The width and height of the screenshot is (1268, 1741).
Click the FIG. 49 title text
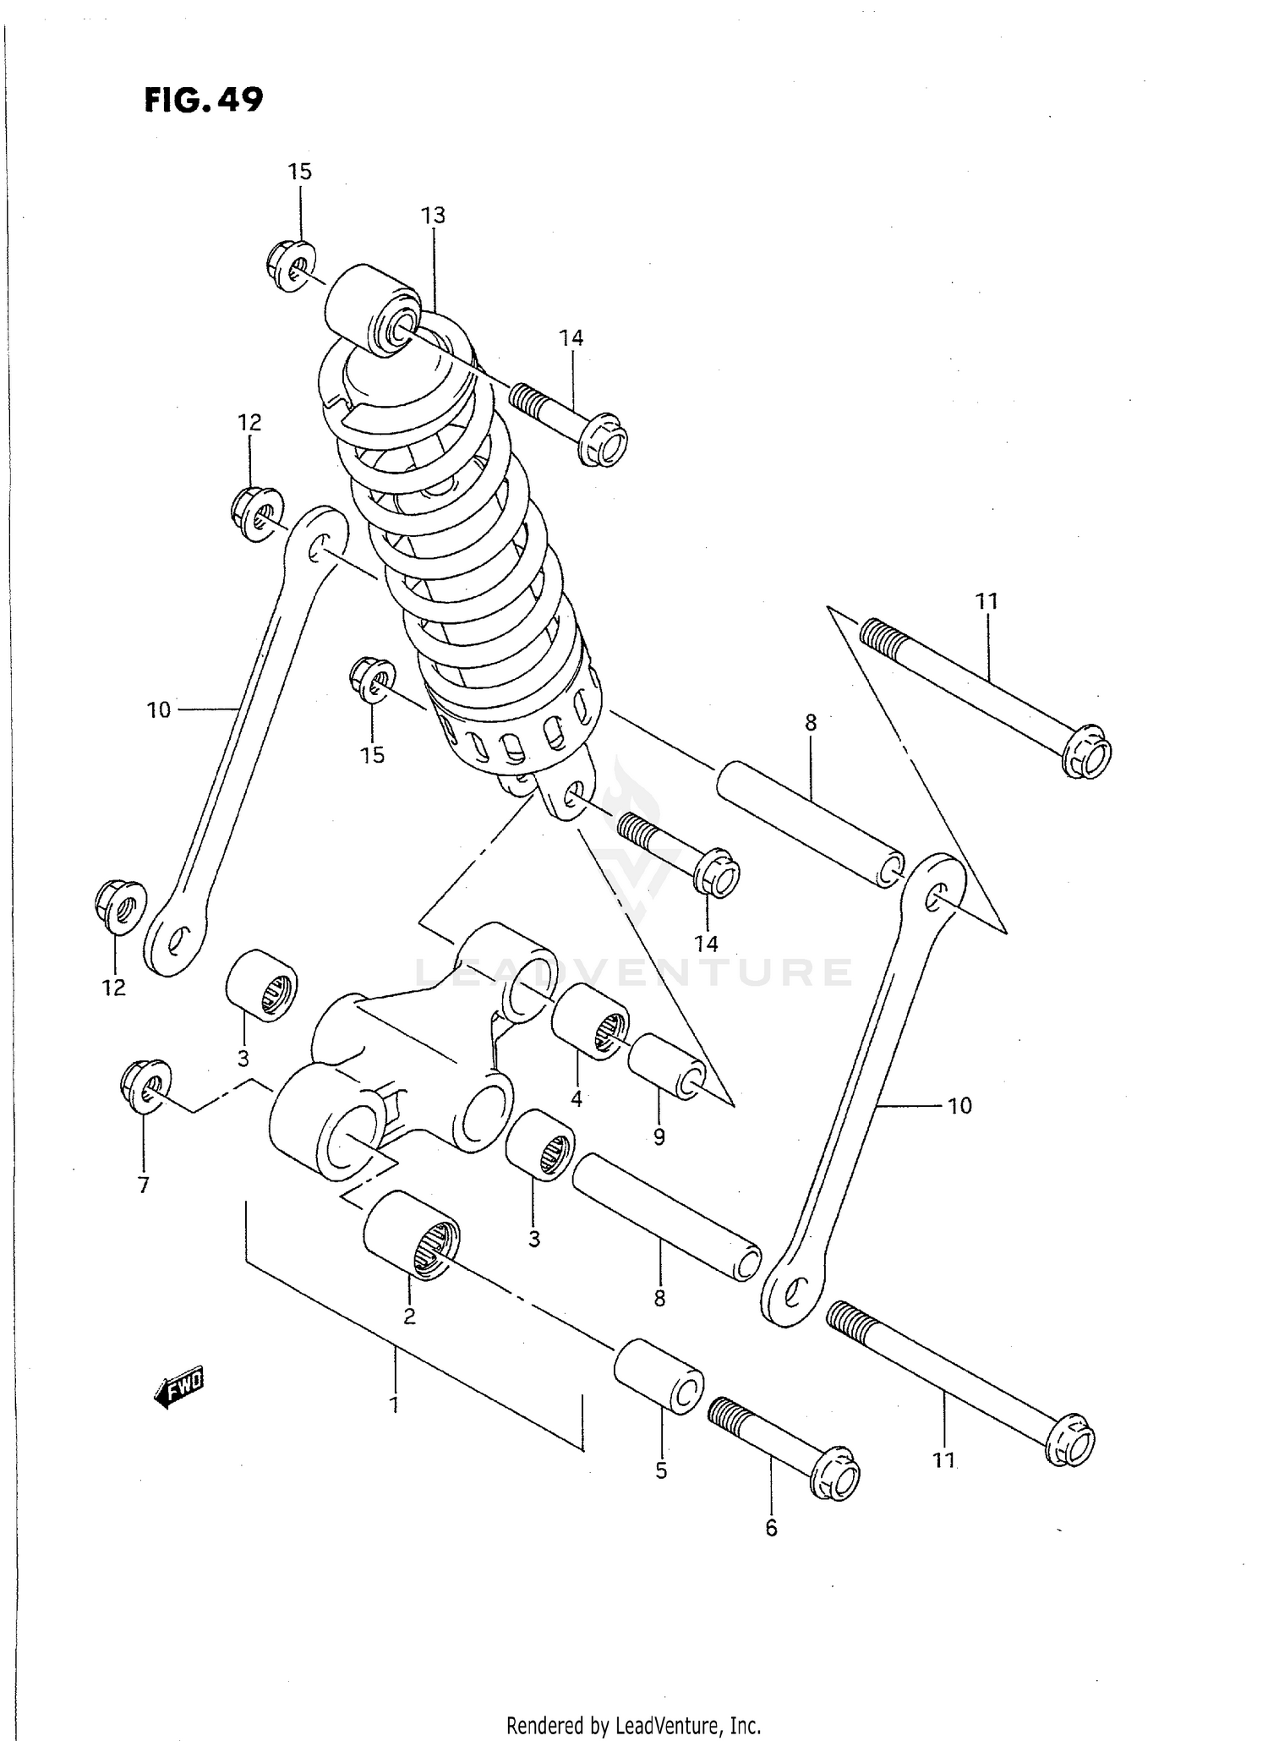(204, 100)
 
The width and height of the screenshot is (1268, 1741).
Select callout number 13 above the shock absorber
(433, 216)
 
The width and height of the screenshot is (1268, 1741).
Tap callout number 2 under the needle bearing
(409, 1316)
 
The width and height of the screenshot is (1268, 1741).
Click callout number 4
(577, 1099)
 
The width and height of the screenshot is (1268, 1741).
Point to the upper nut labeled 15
(292, 266)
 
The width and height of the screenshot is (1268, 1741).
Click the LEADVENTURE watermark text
(634, 972)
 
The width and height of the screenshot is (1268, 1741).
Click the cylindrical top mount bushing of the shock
(373, 309)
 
